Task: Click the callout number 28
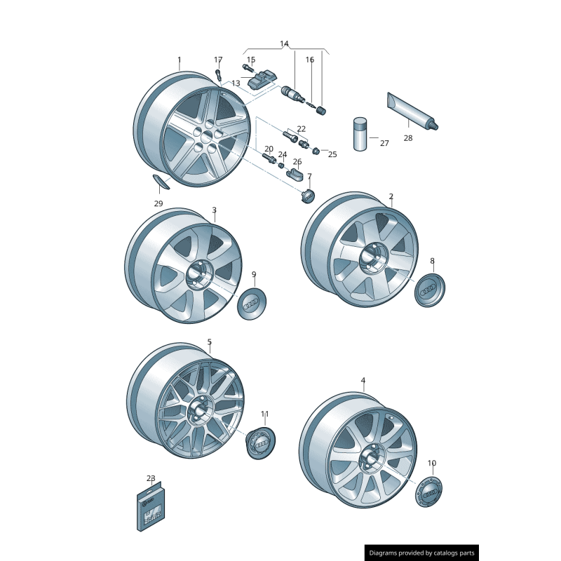pos(408,138)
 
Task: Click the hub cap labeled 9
pos(252,302)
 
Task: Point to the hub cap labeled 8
pos(429,290)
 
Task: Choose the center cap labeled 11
pos(261,442)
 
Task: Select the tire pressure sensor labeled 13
pos(263,83)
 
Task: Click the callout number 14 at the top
pos(284,44)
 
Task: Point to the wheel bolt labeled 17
pos(218,74)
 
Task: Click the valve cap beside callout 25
pos(316,151)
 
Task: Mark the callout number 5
pos(209,342)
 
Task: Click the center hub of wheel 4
pos(369,460)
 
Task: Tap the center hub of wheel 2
pos(372,259)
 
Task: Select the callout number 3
pos(214,210)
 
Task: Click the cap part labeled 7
pos(307,196)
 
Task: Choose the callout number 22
pos(301,129)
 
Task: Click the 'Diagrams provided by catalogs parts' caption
pos(421,553)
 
